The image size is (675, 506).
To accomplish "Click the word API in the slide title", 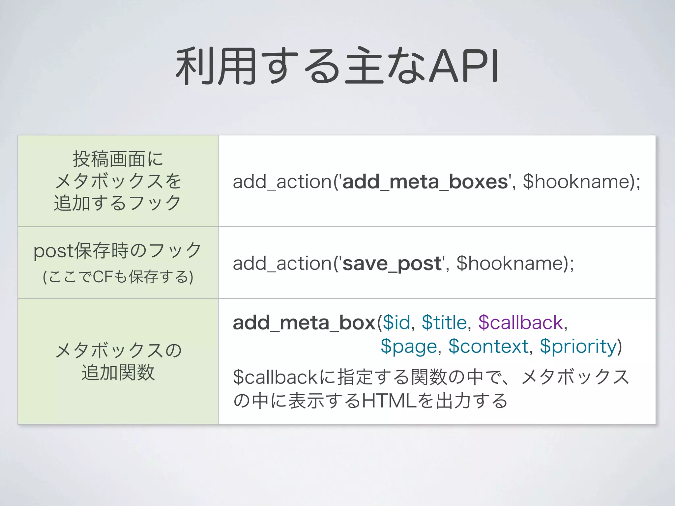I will pos(464,66).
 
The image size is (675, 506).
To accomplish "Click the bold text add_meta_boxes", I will pos(425,182).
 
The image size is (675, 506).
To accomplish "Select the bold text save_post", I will pos(392,264).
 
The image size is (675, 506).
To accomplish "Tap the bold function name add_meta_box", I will pos(304,323).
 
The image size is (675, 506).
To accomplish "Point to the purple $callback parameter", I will pos(520,323).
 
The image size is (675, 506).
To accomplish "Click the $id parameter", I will pos(396,323).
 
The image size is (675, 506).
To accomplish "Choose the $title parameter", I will pos(444,323).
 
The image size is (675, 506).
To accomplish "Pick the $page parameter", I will pos(409,347).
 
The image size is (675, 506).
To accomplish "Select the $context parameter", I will pos(488,347).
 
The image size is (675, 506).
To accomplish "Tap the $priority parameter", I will pos(578,347).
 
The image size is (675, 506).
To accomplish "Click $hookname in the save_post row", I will pos(510,264).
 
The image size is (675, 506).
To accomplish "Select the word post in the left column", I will pos(54,251).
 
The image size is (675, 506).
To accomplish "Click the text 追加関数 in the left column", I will pos(118,373).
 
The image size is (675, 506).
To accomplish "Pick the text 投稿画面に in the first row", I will pos(118,159).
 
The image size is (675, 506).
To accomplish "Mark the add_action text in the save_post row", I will pos(282,264).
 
